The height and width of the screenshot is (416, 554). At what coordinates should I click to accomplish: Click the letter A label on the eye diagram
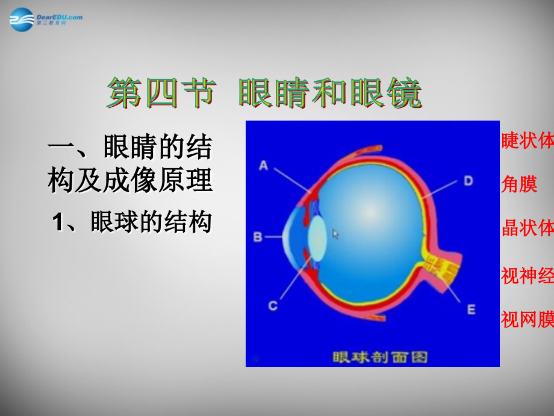pyautogui.click(x=264, y=164)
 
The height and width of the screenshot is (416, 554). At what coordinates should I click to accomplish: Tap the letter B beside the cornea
pyautogui.click(x=258, y=237)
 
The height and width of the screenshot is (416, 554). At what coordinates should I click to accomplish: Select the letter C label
pyautogui.click(x=273, y=306)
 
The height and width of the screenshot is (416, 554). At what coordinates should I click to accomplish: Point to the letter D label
pyautogui.click(x=468, y=180)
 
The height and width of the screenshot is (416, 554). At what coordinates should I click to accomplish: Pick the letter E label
pyautogui.click(x=471, y=309)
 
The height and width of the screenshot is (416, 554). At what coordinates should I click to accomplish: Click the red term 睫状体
pyautogui.click(x=527, y=140)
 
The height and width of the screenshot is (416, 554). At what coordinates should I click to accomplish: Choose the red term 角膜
pyautogui.click(x=519, y=184)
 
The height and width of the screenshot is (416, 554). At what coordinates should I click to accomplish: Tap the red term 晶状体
pyautogui.click(x=527, y=228)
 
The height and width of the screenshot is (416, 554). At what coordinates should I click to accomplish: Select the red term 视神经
pyautogui.click(x=527, y=275)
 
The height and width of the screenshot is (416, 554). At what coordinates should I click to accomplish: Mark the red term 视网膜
pyautogui.click(x=527, y=319)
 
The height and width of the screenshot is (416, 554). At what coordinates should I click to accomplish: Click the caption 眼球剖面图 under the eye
pyautogui.click(x=381, y=357)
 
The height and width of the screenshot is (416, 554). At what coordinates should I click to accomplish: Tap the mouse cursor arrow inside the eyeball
pyautogui.click(x=335, y=234)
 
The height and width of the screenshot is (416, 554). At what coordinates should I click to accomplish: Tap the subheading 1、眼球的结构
pyautogui.click(x=132, y=222)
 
